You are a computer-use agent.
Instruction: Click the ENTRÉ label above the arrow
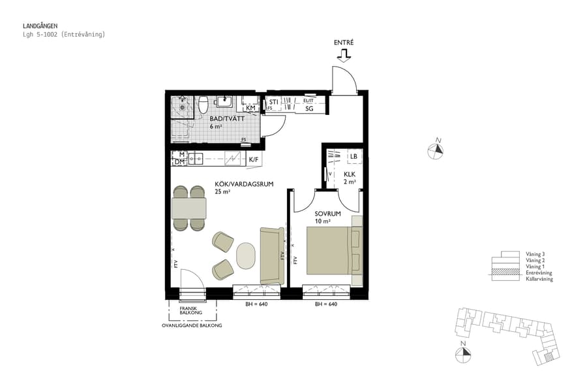(x=343, y=42)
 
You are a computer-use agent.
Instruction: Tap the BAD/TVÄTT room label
(x=223, y=118)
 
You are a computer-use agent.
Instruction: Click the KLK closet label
(x=350, y=174)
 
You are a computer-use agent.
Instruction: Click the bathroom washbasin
(x=225, y=101)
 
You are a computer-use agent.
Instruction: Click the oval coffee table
(x=245, y=255)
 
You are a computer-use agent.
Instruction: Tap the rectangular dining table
(x=189, y=208)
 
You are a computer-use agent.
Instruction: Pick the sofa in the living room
(x=271, y=255)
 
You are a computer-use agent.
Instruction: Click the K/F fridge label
(x=253, y=159)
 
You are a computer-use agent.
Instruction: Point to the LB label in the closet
(x=354, y=156)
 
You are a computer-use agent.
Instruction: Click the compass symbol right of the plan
(x=438, y=150)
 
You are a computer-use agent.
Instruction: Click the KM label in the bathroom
(x=250, y=108)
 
